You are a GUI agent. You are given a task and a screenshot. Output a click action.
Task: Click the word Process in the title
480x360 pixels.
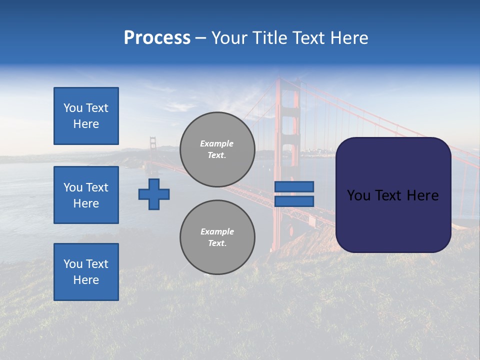pos(157,38)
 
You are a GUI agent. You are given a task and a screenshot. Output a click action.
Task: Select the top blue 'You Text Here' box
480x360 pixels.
pos(86,116)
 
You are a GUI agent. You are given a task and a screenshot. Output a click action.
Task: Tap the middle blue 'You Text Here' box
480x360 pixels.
pos(86,195)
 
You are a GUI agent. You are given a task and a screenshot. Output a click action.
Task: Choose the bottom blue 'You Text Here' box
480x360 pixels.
pos(86,272)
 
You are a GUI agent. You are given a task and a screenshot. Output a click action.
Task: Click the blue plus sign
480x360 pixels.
pos(154,194)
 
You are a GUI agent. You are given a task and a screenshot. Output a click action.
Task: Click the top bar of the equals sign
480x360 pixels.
pos(294,186)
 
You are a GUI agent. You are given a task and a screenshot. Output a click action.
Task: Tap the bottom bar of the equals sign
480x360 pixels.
pos(294,201)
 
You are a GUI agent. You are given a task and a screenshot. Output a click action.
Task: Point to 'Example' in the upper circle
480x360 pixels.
pos(217,143)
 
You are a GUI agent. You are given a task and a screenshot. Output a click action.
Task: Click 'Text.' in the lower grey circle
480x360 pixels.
pos(217,243)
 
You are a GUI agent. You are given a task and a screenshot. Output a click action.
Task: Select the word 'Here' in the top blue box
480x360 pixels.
pos(86,124)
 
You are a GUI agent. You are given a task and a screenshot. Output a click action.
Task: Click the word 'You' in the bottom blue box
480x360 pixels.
pos(73,264)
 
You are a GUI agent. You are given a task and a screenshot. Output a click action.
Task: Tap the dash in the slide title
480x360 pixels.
pos(200,38)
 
